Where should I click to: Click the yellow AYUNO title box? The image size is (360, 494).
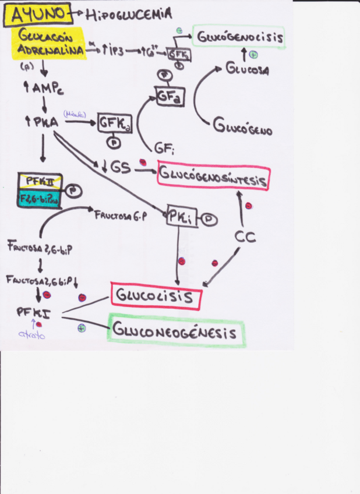pos(36,14)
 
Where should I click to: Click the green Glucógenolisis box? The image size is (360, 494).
pos(239,38)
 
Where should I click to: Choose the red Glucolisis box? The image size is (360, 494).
pos(156,296)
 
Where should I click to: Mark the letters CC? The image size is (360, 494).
pos(246,237)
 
